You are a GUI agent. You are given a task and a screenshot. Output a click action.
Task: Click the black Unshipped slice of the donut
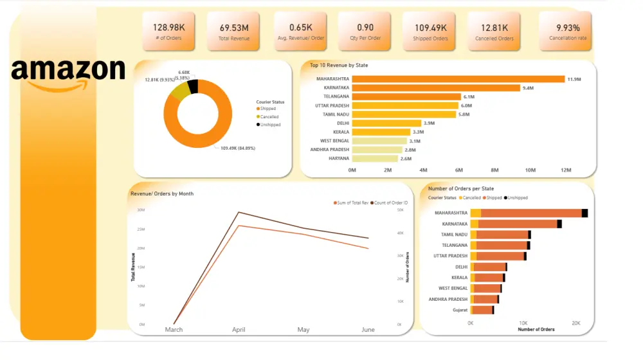[193, 87]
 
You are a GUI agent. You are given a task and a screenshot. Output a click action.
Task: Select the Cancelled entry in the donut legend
[269, 116]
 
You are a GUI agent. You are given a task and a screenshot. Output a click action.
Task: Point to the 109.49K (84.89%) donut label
[239, 148]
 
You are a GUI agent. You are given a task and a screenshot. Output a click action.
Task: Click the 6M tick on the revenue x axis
[458, 170]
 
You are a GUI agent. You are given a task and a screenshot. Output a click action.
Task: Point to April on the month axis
[239, 330]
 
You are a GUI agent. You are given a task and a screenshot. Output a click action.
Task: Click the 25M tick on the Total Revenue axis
[141, 229]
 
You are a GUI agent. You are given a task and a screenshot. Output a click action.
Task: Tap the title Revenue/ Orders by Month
[162, 194]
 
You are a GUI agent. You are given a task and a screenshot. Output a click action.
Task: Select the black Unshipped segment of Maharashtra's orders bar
[584, 213]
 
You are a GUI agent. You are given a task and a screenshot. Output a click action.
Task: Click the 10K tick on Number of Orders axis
[523, 323]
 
